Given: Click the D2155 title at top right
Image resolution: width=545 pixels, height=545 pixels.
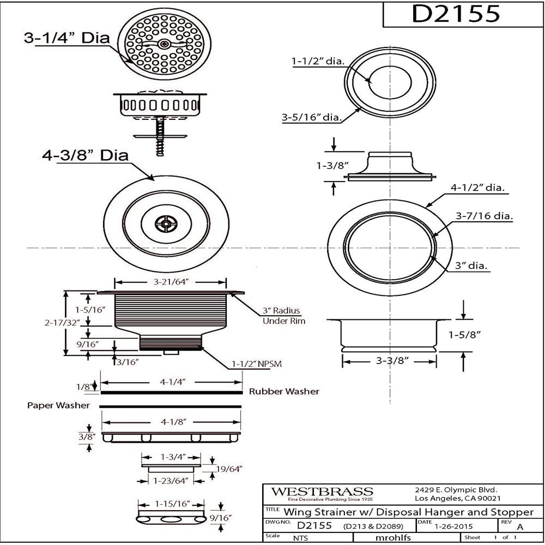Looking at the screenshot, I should (x=455, y=14).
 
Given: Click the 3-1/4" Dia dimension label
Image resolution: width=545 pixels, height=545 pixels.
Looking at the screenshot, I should (x=66, y=38).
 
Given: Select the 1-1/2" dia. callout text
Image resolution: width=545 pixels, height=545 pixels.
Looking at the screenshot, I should (x=317, y=62).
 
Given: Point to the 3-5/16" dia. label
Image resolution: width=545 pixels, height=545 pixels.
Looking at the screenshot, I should (x=312, y=117).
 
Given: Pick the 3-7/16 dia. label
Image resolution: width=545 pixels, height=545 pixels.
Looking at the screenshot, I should (x=485, y=216).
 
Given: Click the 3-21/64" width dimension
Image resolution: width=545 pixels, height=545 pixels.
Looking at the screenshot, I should (x=169, y=282).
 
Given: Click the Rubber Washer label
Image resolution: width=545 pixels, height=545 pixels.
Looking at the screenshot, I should (x=284, y=391).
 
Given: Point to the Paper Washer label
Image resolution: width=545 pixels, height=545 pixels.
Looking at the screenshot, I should (x=58, y=405).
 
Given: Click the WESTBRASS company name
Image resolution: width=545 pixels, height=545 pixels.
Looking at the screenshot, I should (x=323, y=492).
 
